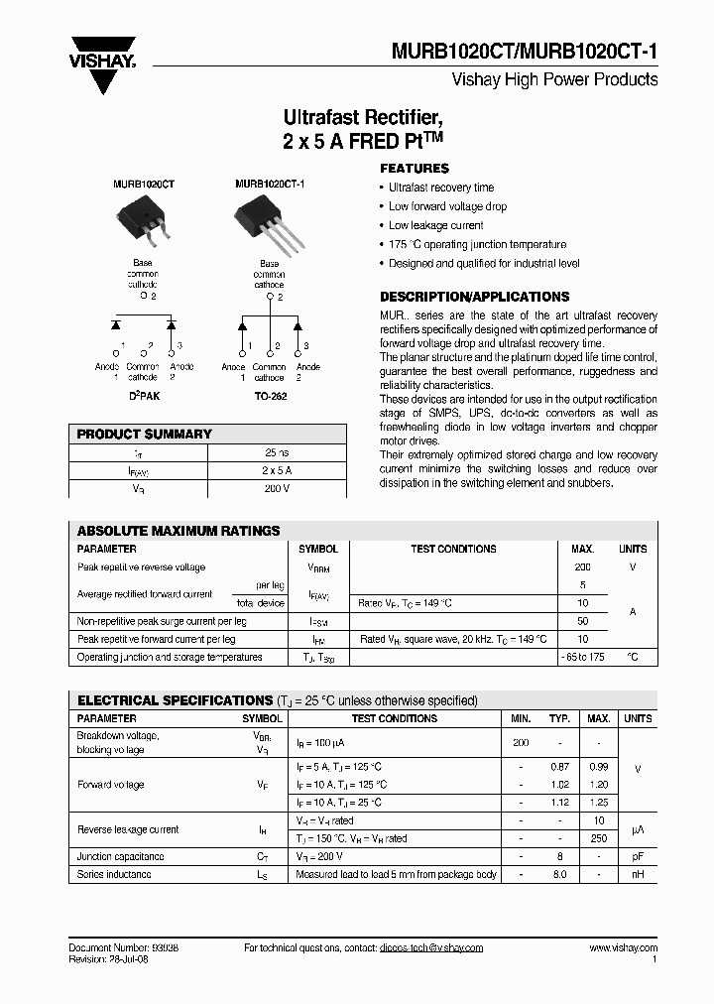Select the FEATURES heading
(415, 169)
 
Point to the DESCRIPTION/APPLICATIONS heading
(475, 297)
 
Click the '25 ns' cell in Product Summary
(277, 452)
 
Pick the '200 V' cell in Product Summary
(277, 488)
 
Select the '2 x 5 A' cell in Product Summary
(277, 470)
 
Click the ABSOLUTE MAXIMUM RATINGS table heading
(178, 531)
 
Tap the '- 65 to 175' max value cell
(582, 657)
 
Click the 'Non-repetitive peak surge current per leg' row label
(162, 621)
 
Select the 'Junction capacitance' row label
(121, 856)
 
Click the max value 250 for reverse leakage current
(598, 838)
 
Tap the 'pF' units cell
(637, 856)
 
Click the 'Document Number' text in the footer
(110, 948)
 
